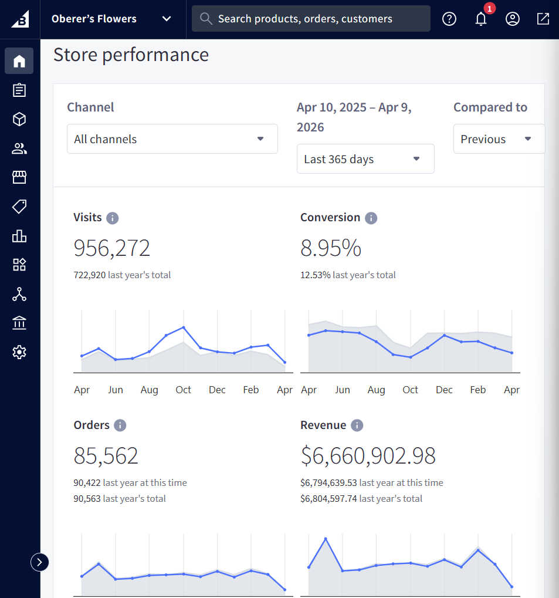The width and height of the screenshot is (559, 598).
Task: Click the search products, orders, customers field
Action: coord(311,19)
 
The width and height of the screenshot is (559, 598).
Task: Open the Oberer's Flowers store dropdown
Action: coord(111,19)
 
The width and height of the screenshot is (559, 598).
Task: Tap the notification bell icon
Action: coord(481,19)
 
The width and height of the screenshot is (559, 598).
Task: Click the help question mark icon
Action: coord(449,19)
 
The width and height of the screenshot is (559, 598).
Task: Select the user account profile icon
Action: coord(513,19)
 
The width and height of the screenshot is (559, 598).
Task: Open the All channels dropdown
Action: coord(172,139)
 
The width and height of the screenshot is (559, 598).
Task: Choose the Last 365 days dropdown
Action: coord(365,159)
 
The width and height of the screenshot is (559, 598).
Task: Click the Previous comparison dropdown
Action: coord(499,139)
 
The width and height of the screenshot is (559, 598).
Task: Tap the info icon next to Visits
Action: coord(113,218)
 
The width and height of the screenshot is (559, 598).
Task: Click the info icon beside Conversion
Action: coord(371,218)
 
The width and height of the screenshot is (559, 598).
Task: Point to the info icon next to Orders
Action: coord(120,425)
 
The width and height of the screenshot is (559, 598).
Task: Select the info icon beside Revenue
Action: coord(357,425)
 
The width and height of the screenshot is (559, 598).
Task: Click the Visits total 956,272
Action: coord(112,248)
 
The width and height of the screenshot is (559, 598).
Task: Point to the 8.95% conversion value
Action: coord(331,248)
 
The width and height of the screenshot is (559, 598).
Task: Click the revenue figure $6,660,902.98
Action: coord(368,456)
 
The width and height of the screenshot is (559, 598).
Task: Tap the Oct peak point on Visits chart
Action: coord(184,327)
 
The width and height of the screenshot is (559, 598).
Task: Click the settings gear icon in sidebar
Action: coord(19,352)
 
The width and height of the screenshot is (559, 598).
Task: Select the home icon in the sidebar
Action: coord(19,61)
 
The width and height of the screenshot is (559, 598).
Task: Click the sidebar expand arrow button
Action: coord(39,562)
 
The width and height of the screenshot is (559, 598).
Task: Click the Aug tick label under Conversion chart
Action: coord(376,390)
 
